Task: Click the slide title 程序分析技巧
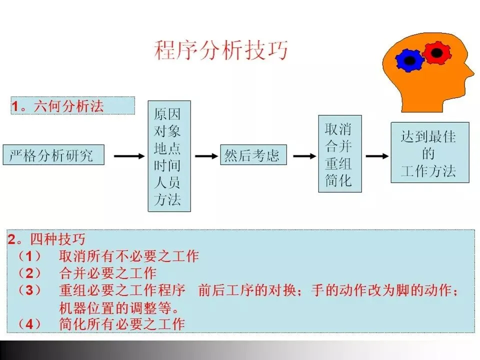point(221,51)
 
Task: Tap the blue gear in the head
point(409,60)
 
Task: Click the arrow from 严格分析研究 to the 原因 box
point(128,156)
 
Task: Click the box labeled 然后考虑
point(252,155)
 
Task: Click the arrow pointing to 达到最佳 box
point(377,156)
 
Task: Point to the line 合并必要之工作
point(108,273)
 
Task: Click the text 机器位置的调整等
point(119,306)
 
